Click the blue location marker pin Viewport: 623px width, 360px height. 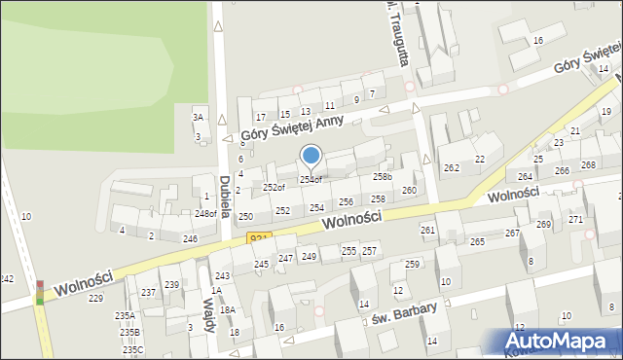click(x=311, y=156)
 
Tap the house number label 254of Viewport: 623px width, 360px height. click(x=311, y=179)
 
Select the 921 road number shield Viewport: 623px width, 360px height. click(x=258, y=238)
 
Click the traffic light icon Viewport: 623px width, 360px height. click(x=40, y=291)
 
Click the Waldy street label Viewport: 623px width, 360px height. click(x=208, y=315)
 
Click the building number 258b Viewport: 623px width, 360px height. click(x=383, y=177)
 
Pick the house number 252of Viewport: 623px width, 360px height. click(x=274, y=187)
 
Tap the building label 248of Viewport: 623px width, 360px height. click(x=204, y=213)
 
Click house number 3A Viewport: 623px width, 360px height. click(x=199, y=117)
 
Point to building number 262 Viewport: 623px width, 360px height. click(x=452, y=167)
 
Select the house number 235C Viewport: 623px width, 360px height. click(x=132, y=349)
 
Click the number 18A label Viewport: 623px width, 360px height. click(x=227, y=309)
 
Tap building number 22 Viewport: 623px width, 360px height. click(x=479, y=159)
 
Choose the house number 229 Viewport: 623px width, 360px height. click(x=95, y=298)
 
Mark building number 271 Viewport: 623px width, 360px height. click(x=575, y=219)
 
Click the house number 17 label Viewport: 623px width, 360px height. click(x=261, y=117)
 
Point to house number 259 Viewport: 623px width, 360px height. click(x=412, y=265)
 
